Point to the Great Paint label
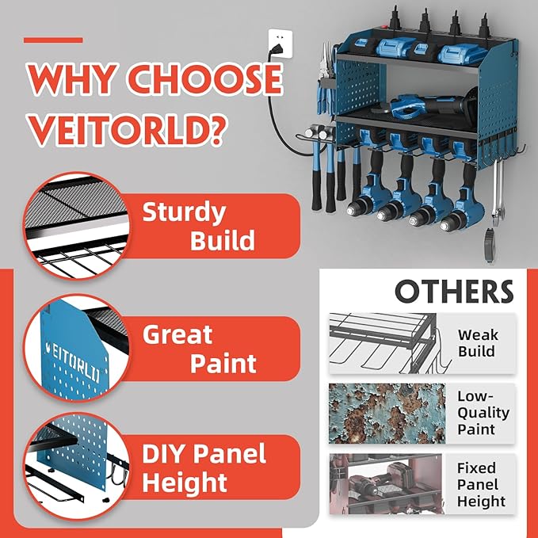tap(199, 349)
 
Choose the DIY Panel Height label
tap(204, 467)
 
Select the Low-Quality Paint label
tap(483, 412)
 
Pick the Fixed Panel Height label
tap(481, 484)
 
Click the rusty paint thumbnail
tap(384, 412)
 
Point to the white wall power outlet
tap(280, 43)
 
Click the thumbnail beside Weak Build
tap(384, 343)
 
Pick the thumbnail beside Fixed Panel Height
tap(384, 483)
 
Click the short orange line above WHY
tap(53, 40)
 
